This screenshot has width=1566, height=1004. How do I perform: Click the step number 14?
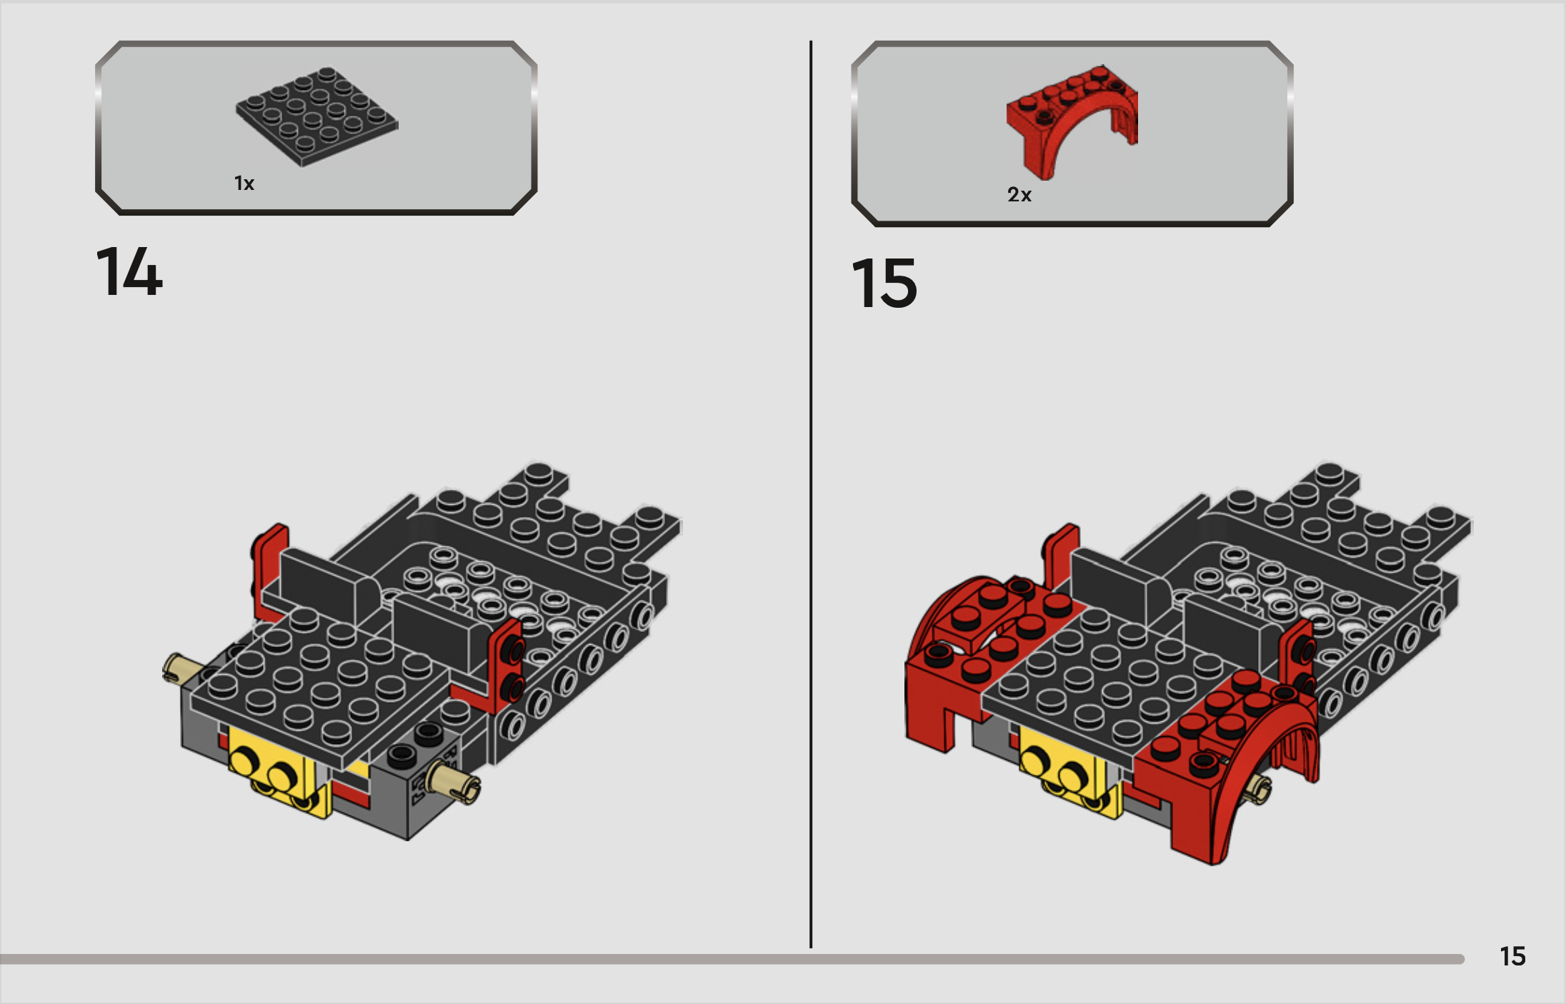[129, 271]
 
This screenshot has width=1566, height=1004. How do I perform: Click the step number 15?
[884, 283]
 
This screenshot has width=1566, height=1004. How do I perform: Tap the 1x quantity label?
[244, 184]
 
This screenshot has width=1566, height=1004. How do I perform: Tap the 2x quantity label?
[1019, 195]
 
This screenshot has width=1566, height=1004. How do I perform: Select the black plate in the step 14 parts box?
[316, 116]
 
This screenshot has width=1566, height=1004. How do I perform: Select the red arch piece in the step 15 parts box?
[1072, 121]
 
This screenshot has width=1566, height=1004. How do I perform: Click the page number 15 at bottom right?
[1512, 956]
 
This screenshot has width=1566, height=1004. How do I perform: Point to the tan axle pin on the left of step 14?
[181, 668]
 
